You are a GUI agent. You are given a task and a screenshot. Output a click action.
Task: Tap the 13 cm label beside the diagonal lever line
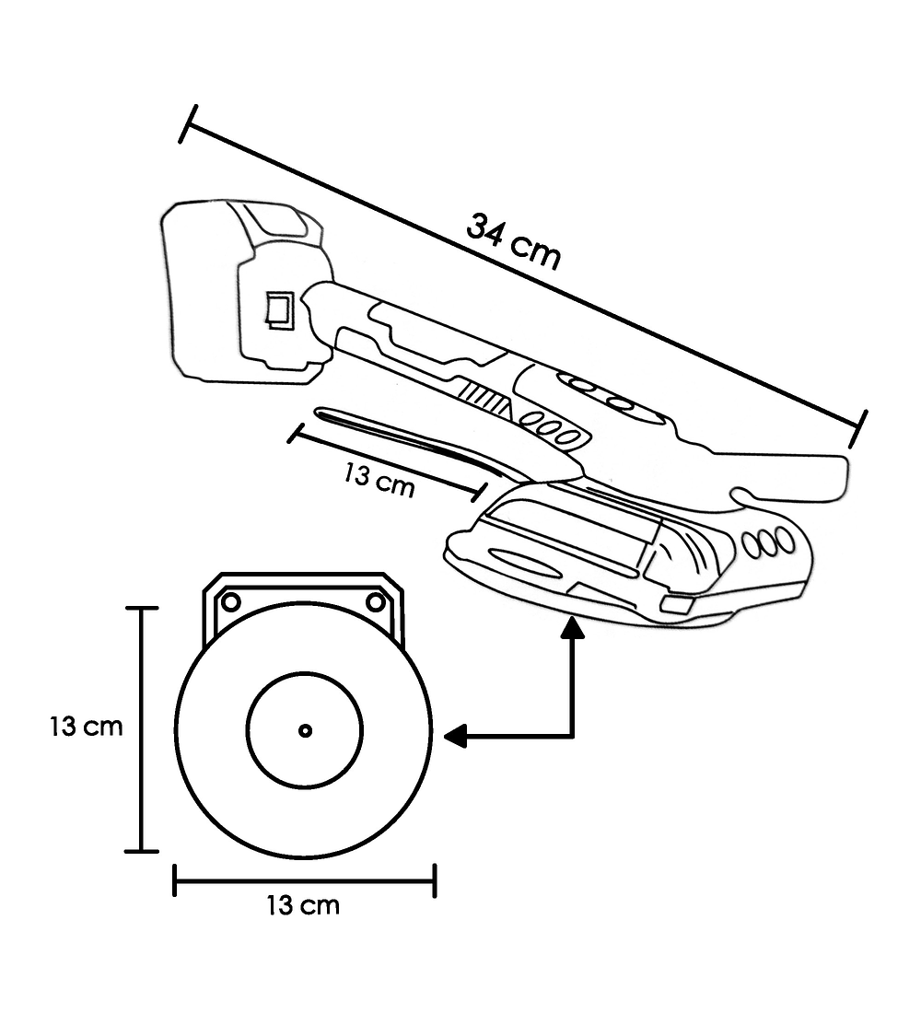click(379, 480)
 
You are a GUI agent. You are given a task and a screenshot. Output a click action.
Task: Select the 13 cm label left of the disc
click(86, 727)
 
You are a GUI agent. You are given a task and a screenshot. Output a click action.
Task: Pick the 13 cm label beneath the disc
click(303, 905)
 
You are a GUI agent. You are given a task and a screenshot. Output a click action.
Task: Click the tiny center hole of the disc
click(305, 730)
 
